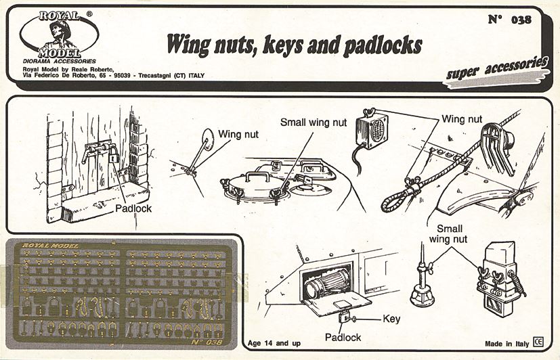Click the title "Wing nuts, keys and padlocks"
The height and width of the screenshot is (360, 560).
pyautogui.click(x=295, y=44)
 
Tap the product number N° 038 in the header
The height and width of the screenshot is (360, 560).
pyautogui.click(x=509, y=19)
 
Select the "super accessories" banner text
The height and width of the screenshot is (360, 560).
pyautogui.click(x=497, y=70)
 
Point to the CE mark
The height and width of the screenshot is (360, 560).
pyautogui.click(x=539, y=342)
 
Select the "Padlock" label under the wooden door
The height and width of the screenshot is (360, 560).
pyautogui.click(x=133, y=208)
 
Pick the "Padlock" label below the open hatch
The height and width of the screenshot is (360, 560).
pyautogui.click(x=342, y=336)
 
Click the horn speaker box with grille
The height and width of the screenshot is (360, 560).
pyautogui.click(x=371, y=128)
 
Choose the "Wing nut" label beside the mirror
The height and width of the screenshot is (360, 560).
pyautogui.click(x=234, y=133)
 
